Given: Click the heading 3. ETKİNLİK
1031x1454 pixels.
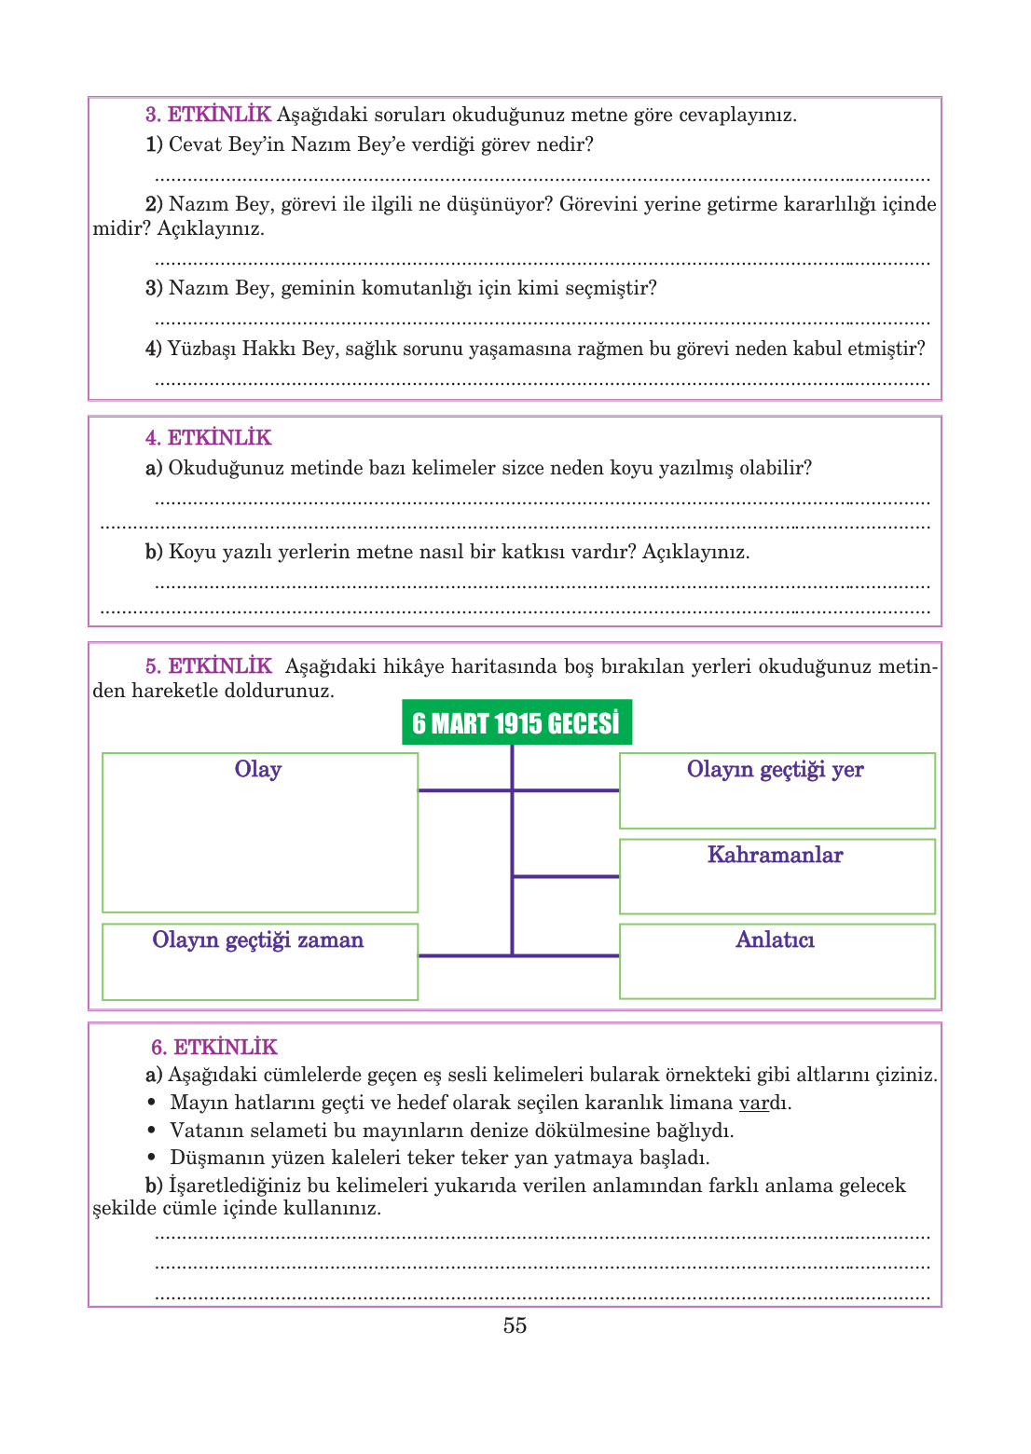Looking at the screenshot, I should pos(208,115).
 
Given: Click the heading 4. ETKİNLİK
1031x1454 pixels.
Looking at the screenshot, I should pos(208,438).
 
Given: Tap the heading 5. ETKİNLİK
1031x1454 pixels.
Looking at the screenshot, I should pos(208,666).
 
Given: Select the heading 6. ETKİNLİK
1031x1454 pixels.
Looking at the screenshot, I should pos(214,1047).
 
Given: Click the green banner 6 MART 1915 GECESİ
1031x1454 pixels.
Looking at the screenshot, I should pos(516,723).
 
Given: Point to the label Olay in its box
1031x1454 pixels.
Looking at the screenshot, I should pos(258,770).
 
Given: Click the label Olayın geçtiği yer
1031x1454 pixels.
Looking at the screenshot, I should pos(775,770).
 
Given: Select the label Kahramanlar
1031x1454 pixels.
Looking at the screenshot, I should pos(775,856).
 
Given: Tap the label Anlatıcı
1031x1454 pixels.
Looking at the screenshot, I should pos(775,940).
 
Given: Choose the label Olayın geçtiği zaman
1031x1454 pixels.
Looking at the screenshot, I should pos(258,940).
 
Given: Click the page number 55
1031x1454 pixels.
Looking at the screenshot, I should pos(515,1325).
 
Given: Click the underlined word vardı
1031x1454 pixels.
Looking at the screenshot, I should pos(763,1104).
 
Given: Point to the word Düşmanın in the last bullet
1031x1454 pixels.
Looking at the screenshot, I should pos(210,1159).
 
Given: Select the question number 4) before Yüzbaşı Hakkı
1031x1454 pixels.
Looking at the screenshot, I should pos(154,349).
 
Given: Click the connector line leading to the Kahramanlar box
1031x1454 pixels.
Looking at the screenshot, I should pos(566,876).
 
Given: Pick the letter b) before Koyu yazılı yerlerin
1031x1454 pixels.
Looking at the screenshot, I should pos(154,552).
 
